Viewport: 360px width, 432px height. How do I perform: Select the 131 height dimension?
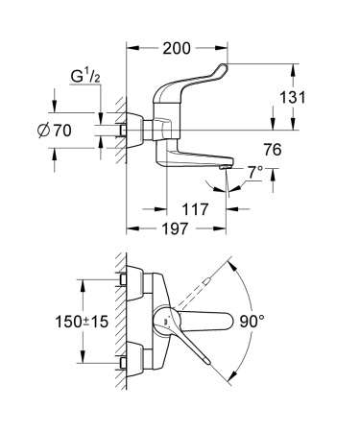[x=305, y=97]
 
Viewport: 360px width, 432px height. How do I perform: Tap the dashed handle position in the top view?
[x=204, y=284]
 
